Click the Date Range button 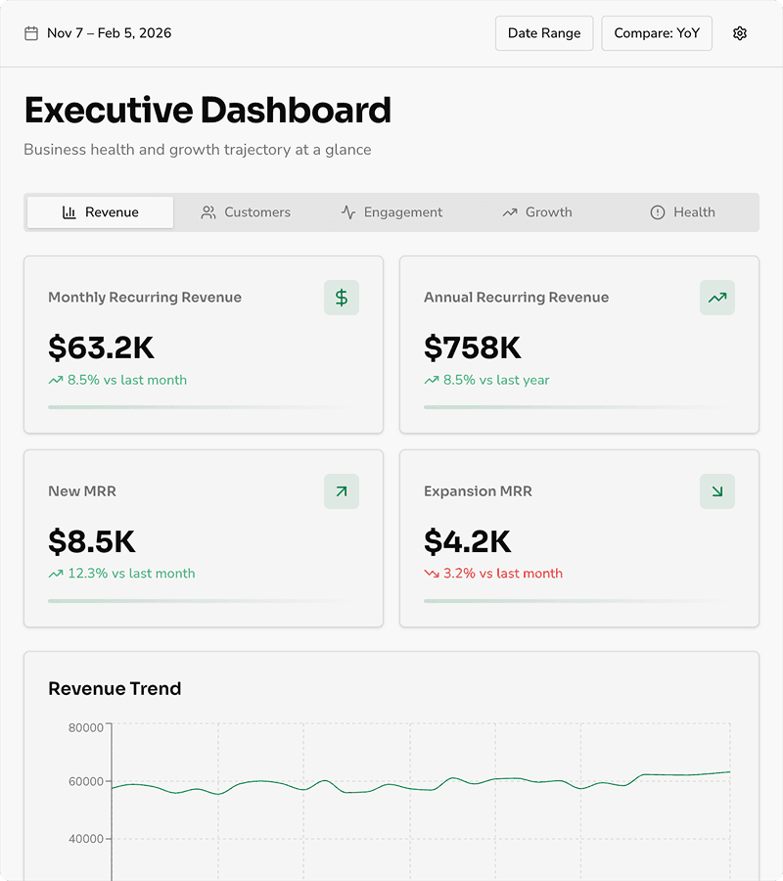544,33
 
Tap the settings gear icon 740,33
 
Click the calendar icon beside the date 31,33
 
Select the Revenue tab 100,212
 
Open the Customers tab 246,212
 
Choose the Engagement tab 391,212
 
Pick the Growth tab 537,212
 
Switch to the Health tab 683,212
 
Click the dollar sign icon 342,298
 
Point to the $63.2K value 101,348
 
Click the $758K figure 473,348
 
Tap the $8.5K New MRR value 92,541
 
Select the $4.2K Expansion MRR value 468,541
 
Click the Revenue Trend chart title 115,689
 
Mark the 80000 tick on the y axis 86,727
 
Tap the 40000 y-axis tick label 86,839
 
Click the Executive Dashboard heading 207,111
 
